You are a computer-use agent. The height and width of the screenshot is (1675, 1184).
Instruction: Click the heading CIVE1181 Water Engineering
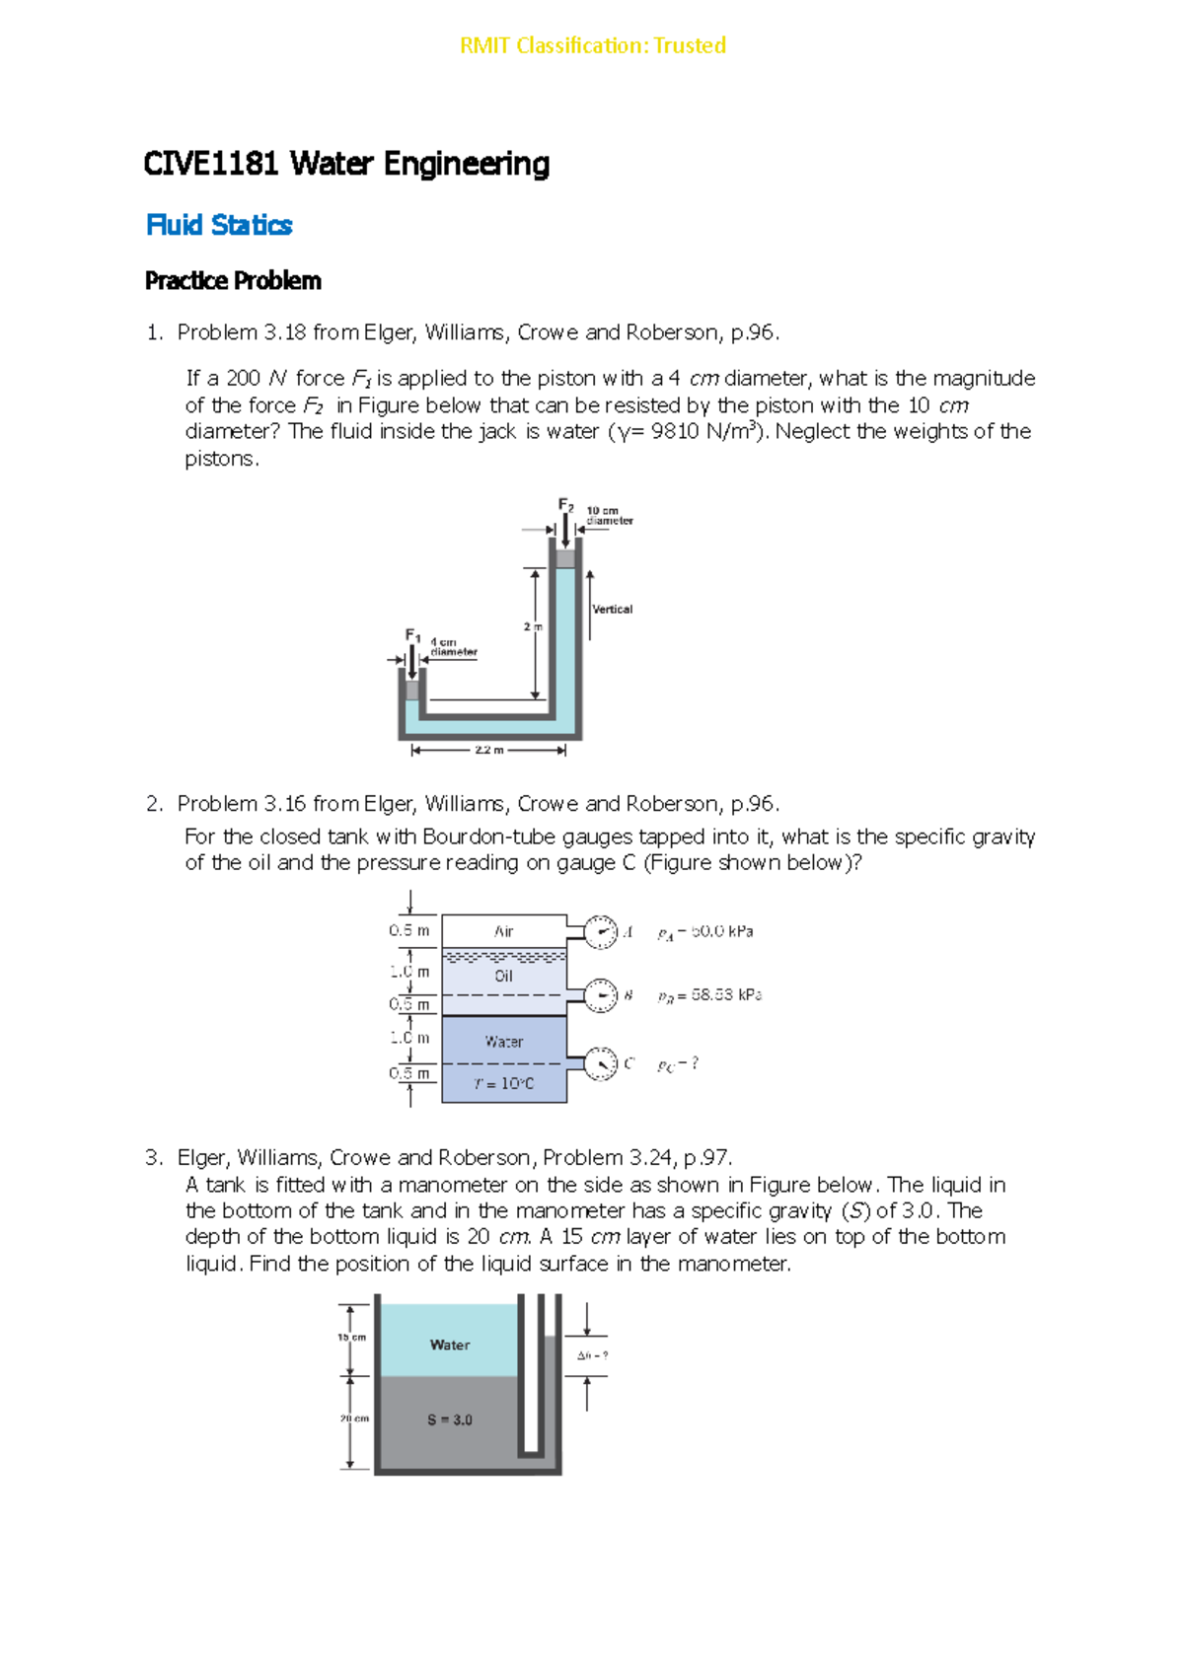tap(346, 164)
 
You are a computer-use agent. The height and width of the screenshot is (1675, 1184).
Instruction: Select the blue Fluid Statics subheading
tap(219, 225)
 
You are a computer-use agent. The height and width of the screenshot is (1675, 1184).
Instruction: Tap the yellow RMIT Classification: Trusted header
tap(593, 45)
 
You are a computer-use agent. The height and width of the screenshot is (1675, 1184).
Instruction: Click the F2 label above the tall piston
tap(565, 505)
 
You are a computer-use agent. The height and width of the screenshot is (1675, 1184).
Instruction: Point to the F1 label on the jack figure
tap(412, 635)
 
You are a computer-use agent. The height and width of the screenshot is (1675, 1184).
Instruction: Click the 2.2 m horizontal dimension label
tap(488, 750)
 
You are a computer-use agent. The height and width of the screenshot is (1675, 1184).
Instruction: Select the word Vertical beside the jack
tap(612, 609)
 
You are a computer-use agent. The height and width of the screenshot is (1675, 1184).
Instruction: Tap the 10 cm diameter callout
tap(609, 516)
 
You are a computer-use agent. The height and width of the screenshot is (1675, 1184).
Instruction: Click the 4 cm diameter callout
tap(453, 647)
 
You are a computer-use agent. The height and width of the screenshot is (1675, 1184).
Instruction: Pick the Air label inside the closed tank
tap(503, 931)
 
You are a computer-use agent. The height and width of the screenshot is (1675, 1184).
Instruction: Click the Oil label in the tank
tap(503, 976)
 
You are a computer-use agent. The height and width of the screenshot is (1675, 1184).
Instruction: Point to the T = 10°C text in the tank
tap(503, 1083)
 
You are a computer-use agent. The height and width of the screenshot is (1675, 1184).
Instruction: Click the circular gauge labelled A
tap(600, 931)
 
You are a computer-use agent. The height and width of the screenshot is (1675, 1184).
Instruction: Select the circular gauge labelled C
tap(600, 1063)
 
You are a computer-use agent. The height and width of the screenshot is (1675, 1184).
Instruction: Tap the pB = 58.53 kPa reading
tap(709, 995)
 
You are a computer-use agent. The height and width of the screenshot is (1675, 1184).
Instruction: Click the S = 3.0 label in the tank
tap(449, 1420)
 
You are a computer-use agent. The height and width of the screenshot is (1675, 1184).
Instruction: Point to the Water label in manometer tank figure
tap(449, 1345)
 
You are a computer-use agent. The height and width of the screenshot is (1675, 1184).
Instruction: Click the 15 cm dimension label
tap(352, 1338)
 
